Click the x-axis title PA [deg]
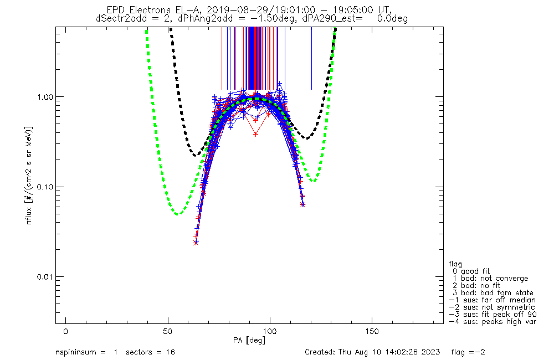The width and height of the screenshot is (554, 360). [254, 339]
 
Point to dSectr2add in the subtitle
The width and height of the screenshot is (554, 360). [117, 18]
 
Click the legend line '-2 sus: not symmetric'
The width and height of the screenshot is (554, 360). [492, 307]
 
